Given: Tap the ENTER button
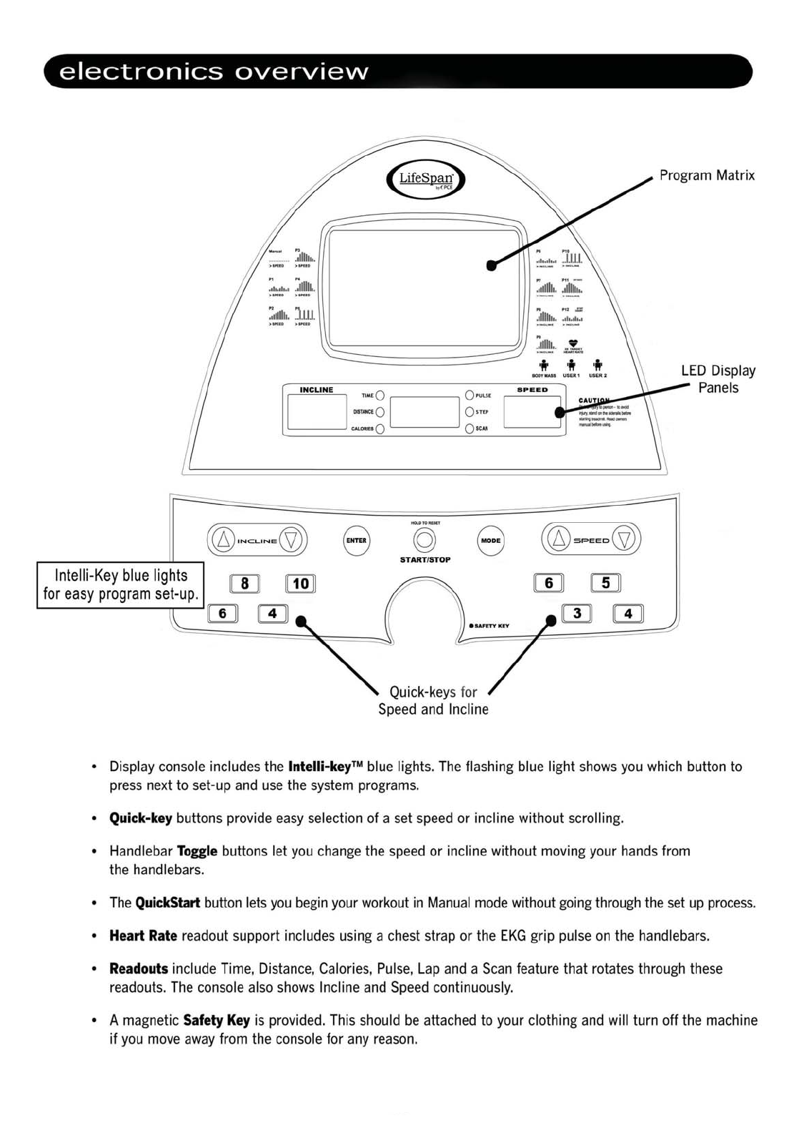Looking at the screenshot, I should tap(356, 541).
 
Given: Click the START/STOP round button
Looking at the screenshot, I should tap(425, 540).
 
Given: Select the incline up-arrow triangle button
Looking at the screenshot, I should tap(224, 540).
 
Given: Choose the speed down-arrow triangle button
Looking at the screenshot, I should tap(625, 540).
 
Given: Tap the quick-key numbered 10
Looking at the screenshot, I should tap(300, 584).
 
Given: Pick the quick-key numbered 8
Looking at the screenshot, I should tap(244, 584).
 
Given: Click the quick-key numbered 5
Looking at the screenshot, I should tap(605, 583).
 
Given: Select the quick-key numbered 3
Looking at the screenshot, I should tap(577, 613).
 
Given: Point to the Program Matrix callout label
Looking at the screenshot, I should tap(706, 175).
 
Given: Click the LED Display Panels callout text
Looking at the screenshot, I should tap(718, 379).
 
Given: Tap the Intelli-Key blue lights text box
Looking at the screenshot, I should tap(121, 585).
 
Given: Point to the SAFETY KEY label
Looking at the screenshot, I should tap(491, 626).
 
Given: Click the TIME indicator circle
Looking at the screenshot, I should tap(380, 396).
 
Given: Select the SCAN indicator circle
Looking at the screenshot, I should tap(470, 428).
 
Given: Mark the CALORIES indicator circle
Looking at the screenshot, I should tap(380, 428).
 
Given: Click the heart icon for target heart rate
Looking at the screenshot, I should tap(572, 343).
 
